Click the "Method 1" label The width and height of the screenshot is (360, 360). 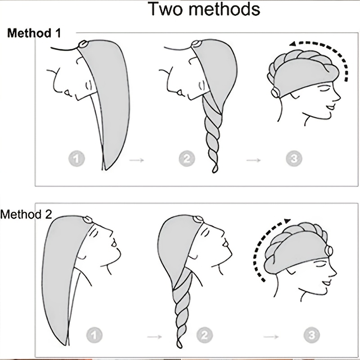point(34,33)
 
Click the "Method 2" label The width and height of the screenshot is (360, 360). point(26,215)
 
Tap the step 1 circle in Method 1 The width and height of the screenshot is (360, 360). point(76,158)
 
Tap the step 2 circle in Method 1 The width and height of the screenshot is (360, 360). point(187,158)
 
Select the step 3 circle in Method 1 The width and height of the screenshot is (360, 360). point(294,158)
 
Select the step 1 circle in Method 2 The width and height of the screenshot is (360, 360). point(94,335)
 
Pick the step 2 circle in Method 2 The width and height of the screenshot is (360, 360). point(205,335)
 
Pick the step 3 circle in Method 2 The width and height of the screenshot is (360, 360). point(312,335)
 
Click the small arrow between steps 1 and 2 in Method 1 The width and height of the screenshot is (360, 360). point(137,160)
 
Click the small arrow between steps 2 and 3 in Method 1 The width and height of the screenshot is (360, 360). point(253,160)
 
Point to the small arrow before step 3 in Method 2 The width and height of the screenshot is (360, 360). point(271,337)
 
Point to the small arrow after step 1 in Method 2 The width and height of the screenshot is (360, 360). point(154,337)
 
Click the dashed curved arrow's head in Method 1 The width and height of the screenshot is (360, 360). point(292,44)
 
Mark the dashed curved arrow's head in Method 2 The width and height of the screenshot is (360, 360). point(287,221)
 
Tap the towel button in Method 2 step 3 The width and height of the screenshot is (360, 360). point(329,251)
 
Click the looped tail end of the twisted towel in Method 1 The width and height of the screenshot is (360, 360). point(215,169)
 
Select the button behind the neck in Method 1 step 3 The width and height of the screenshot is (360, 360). point(275,93)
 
